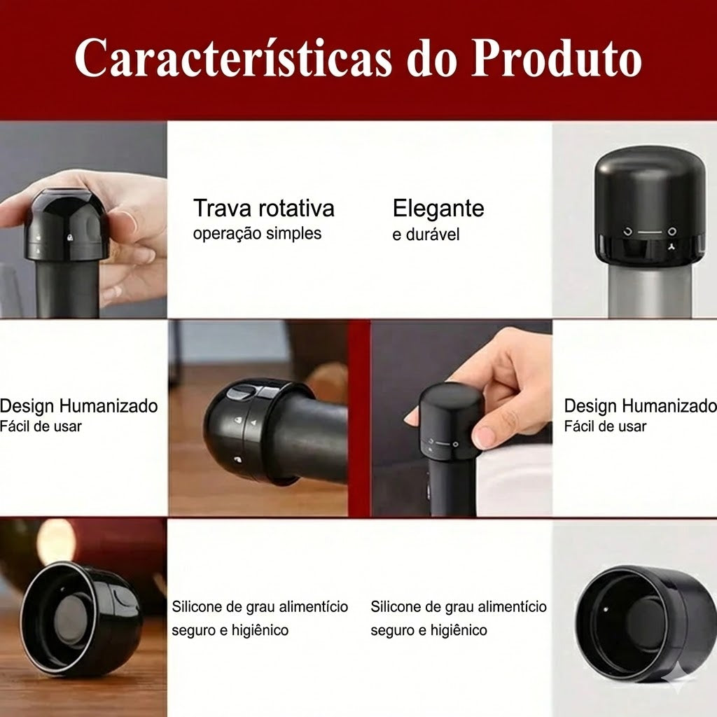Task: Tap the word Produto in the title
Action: click(557, 58)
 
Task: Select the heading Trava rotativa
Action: click(264, 209)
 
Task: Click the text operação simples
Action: click(257, 234)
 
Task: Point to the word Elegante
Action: click(438, 209)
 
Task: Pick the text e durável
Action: click(426, 235)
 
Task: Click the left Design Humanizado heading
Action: click(78, 406)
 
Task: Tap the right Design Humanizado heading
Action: click(640, 406)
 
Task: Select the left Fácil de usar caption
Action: click(41, 426)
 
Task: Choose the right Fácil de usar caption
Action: click(605, 426)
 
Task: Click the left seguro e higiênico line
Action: click(230, 631)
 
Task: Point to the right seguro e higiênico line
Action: click(429, 631)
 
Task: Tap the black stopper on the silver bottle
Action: click(649, 209)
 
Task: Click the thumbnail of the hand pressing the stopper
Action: click(461, 419)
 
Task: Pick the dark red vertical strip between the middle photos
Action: click(359, 419)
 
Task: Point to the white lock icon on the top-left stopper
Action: click(69, 238)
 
